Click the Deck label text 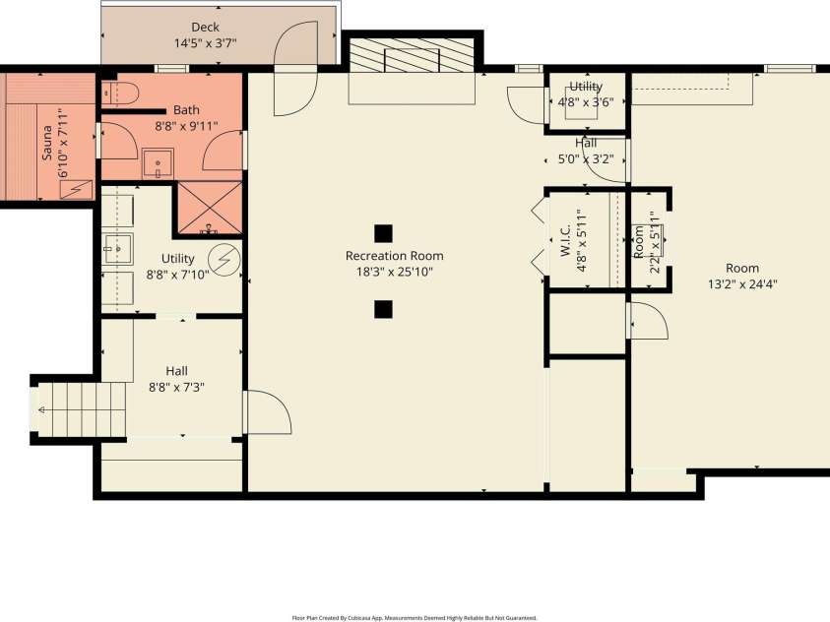pos(205,28)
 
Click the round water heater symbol pos(225,259)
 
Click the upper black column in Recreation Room pos(383,233)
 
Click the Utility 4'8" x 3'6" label pos(585,93)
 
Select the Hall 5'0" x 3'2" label pos(585,151)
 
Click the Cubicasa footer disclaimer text pos(414,617)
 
